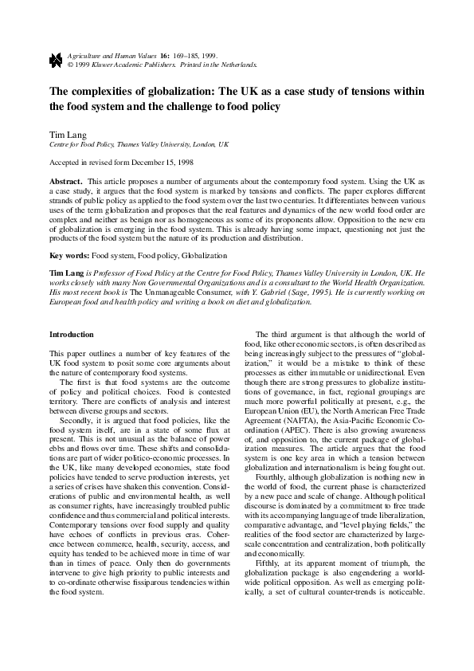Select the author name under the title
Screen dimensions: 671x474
point(68,134)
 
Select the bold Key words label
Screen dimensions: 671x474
point(69,256)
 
